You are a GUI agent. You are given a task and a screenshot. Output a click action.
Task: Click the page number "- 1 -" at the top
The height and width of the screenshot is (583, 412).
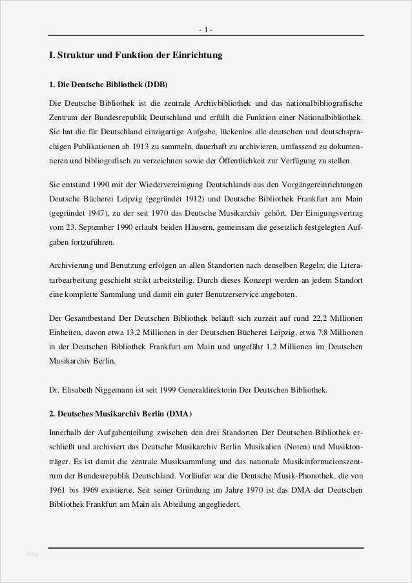pyautogui.click(x=206, y=30)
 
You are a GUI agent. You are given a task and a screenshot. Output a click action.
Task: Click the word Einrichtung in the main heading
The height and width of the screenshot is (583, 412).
pyautogui.click(x=197, y=56)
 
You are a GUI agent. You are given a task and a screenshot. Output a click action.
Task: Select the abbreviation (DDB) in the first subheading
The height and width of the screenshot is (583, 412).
pyautogui.click(x=156, y=85)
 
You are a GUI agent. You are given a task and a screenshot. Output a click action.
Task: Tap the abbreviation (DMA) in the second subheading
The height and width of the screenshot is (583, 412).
pyautogui.click(x=179, y=413)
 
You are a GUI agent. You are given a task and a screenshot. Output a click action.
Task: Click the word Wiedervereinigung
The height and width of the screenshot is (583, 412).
pyautogui.click(x=155, y=183)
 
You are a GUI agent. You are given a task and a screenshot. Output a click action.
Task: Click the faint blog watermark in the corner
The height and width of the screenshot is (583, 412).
pyautogui.click(x=32, y=554)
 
